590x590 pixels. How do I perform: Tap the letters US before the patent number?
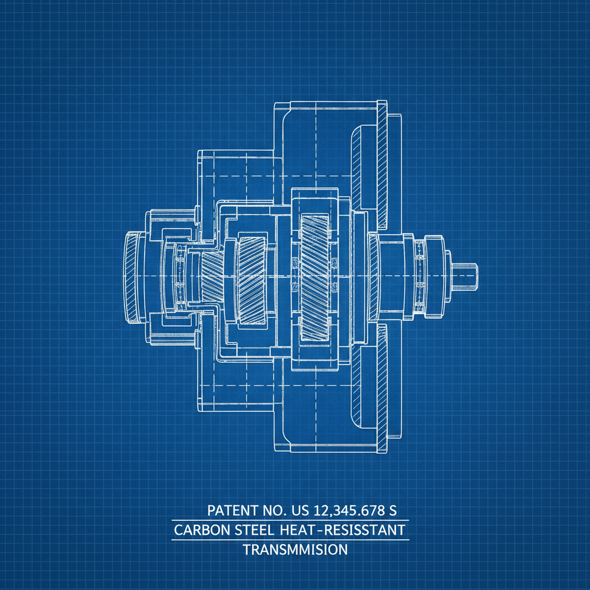click(300, 510)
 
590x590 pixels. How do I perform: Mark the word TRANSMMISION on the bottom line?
click(295, 550)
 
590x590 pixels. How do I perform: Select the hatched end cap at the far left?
click(132, 277)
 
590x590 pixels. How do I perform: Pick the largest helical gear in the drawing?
click(314, 275)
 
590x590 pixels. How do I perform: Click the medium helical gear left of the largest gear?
click(251, 280)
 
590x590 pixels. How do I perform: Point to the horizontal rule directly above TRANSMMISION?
click(290, 540)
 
